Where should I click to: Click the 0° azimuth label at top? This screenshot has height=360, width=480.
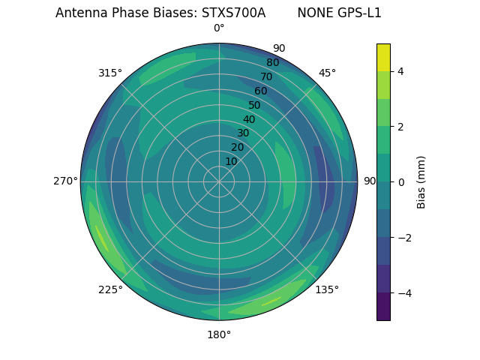pyautogui.click(x=219, y=28)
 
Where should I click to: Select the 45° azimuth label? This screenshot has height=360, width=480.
pyautogui.click(x=327, y=73)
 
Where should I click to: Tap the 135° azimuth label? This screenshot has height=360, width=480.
pyautogui.click(x=327, y=289)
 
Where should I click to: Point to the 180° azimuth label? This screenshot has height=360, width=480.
pyautogui.click(x=219, y=334)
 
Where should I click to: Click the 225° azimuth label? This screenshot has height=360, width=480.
pyautogui.click(x=110, y=289)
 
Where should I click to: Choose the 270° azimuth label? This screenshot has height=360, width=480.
pyautogui.click(x=65, y=181)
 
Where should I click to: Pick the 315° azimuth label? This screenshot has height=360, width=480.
pyautogui.click(x=110, y=73)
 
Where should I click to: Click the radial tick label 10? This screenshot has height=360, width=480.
pyautogui.click(x=231, y=161)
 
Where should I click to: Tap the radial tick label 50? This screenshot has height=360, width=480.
pyautogui.click(x=254, y=105)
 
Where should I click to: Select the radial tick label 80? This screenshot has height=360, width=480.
pyautogui.click(x=272, y=62)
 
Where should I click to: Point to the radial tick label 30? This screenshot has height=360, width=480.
pyautogui.click(x=243, y=133)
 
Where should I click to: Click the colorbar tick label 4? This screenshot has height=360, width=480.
pyautogui.click(x=400, y=71)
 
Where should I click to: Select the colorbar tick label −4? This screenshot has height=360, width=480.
pyautogui.click(x=403, y=293)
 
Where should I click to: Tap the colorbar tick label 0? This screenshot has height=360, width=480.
pyautogui.click(x=400, y=182)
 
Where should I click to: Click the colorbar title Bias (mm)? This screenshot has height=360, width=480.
pyautogui.click(x=421, y=182)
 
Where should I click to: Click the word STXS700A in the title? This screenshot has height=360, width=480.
pyautogui.click(x=233, y=13)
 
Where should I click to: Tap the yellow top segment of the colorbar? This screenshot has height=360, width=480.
pyautogui.click(x=383, y=57)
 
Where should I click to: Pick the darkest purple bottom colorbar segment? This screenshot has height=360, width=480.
pyautogui.click(x=383, y=307)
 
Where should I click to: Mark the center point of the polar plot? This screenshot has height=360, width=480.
pyautogui.click(x=219, y=181)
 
